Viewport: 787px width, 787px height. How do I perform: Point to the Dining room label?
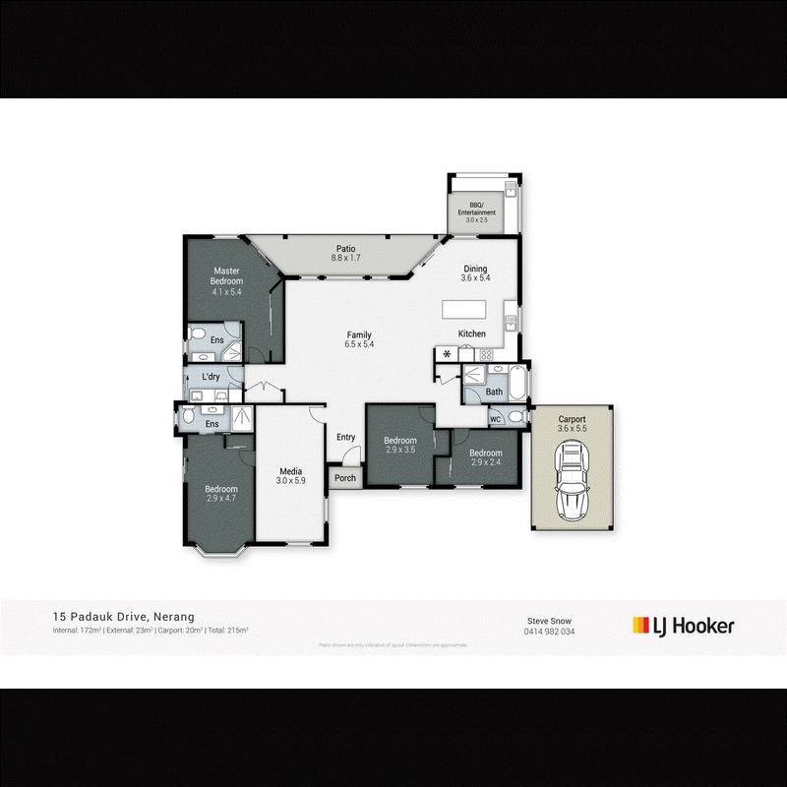coord(476,272)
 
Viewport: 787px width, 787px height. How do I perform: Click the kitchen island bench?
coord(470,309)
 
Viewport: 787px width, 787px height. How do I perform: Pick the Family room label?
coord(359,338)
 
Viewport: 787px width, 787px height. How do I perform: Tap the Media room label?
coord(289,475)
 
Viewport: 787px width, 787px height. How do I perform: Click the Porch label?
coord(344,478)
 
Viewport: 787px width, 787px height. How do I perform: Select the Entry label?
coord(345,438)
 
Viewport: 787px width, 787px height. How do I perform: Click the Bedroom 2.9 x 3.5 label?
coord(400,445)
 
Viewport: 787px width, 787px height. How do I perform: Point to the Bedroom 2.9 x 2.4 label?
coord(487,457)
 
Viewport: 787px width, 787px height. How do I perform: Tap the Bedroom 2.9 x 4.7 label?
coord(221,494)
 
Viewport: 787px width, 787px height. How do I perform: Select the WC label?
coord(495,419)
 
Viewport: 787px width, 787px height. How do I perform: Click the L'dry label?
coord(211,378)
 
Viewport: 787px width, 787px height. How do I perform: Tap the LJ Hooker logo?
coord(683,625)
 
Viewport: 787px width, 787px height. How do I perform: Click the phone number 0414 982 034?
coord(551,632)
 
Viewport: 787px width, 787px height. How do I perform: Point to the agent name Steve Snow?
coord(551,621)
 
